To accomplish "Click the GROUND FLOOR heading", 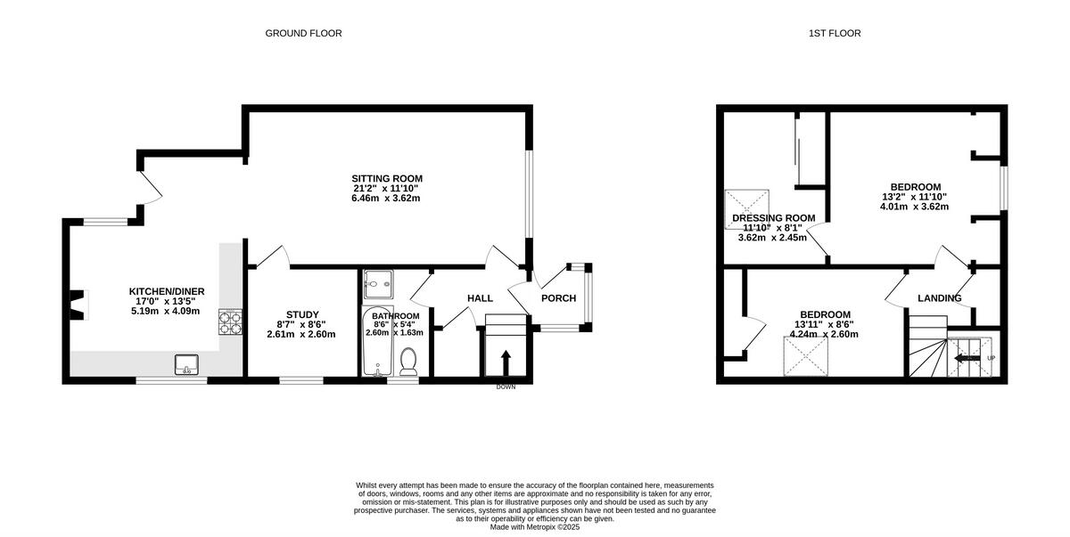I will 303,33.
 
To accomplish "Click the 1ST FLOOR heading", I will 834,33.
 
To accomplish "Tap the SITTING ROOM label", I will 386,178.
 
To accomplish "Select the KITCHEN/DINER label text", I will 164,291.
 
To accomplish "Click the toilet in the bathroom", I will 409,361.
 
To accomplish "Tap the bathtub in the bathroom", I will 373,342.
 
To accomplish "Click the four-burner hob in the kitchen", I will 230,321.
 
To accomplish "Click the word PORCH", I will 558,298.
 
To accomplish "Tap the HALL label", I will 480,298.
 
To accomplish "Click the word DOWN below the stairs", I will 506,386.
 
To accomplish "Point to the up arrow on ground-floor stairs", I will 506,361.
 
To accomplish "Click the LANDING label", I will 939,298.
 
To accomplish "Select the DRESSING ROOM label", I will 774,218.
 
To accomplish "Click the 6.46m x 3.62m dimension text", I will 386,198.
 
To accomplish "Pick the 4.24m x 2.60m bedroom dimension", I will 823,335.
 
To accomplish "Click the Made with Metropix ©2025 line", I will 534,527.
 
